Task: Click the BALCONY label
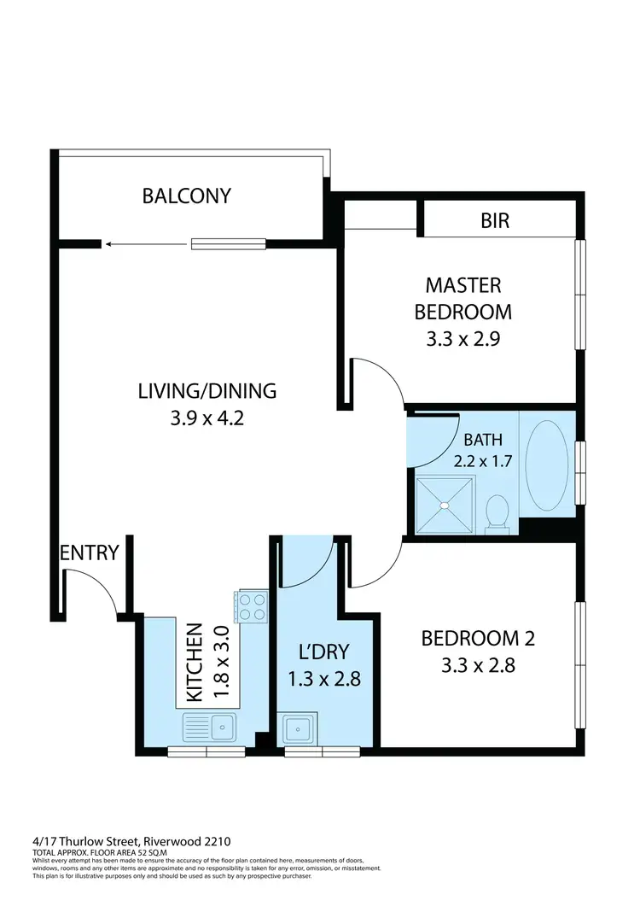click(x=186, y=196)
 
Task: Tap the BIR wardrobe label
click(x=495, y=221)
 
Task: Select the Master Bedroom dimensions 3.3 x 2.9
click(x=463, y=337)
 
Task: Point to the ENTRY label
click(x=89, y=552)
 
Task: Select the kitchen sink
click(x=209, y=728)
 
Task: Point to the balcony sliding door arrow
click(x=145, y=244)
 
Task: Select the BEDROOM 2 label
click(x=479, y=638)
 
